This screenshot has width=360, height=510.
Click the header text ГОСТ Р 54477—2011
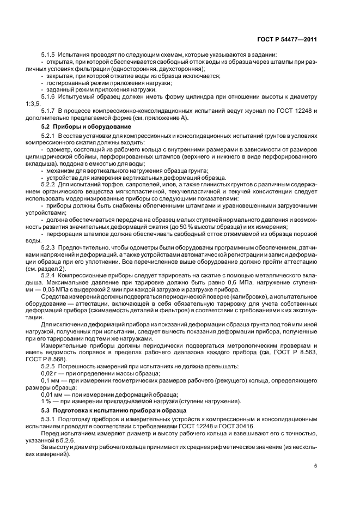tap(286, 39)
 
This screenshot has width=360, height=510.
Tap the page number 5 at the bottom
tap(315, 466)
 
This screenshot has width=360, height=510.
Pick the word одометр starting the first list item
tap(59, 149)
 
